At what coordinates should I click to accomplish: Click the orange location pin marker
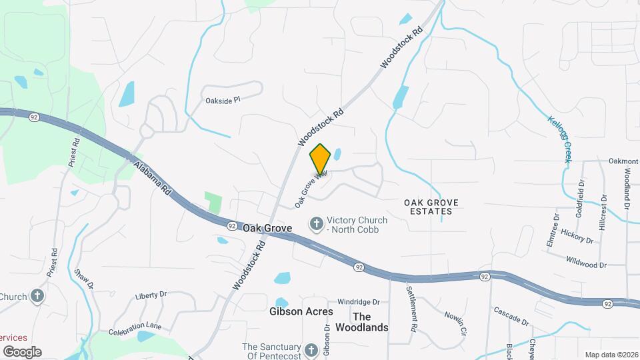click(321, 159)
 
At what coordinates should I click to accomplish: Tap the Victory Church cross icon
click(317, 224)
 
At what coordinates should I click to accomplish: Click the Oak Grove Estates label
click(428, 206)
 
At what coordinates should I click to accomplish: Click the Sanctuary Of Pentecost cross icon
click(311, 350)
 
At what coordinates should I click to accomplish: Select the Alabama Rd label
click(153, 178)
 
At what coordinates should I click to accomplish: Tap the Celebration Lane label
click(135, 327)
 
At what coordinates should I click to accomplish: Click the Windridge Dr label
click(358, 301)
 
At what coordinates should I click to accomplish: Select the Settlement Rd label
click(412, 309)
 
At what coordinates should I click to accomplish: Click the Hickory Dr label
click(577, 236)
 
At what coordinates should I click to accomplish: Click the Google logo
click(23, 351)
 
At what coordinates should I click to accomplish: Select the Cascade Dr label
click(511, 316)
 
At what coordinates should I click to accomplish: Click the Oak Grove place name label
click(267, 228)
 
